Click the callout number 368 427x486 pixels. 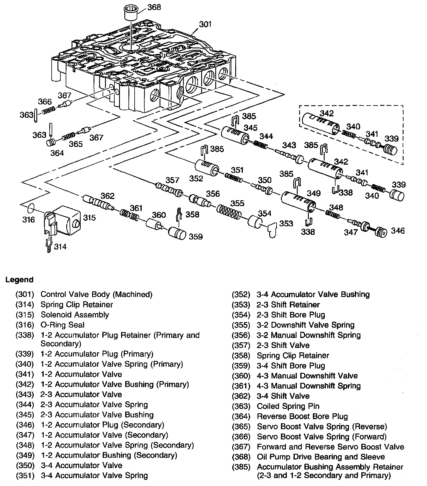click(154, 7)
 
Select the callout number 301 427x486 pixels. click(205, 24)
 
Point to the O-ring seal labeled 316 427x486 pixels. click(31, 209)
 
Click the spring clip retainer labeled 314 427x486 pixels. click(50, 245)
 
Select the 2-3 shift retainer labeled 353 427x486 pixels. click(273, 230)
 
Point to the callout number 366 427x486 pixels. click(45, 102)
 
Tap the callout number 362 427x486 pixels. click(108, 196)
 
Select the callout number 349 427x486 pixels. click(314, 193)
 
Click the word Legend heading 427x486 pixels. click(19, 280)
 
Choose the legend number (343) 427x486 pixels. click(25, 395)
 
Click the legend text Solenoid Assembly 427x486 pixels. click(74, 315)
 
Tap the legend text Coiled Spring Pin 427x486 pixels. click(288, 406)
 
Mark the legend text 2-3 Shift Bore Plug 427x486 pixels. click(291, 315)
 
